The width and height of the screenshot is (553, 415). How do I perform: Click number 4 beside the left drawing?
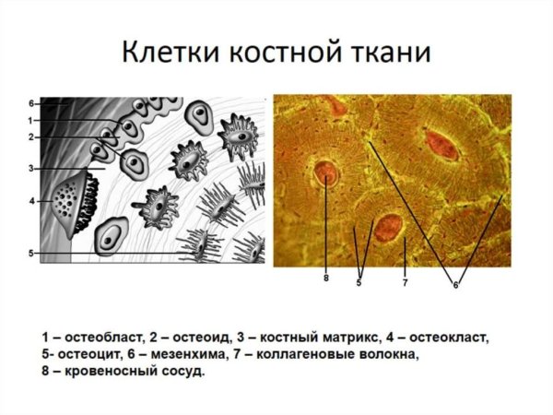pos(31,200)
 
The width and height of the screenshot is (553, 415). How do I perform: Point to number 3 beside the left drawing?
pos(31,169)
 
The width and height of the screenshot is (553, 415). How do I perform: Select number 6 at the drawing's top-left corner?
pos(31,103)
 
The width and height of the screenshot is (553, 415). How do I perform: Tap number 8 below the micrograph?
pos(325,278)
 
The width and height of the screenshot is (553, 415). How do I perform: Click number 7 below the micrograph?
pos(405,282)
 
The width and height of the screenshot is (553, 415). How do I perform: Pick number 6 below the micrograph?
pos(455,284)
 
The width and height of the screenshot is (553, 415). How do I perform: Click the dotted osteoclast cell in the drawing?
pos(67,197)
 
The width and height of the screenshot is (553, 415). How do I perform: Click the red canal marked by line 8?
pos(325,173)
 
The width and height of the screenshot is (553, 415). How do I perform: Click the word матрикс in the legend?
pos(345,337)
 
